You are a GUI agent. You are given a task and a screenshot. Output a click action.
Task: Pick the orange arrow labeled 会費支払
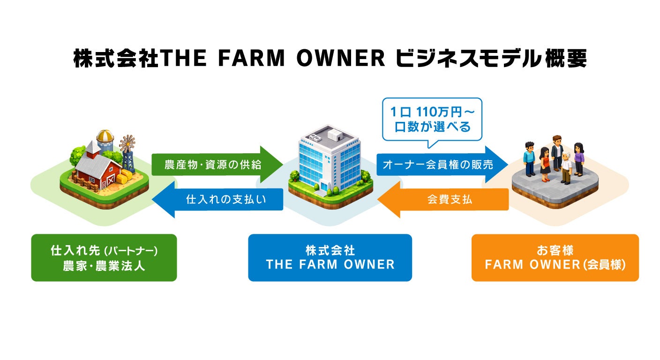(450, 200)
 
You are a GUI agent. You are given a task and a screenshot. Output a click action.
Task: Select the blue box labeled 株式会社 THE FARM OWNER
(330, 258)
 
